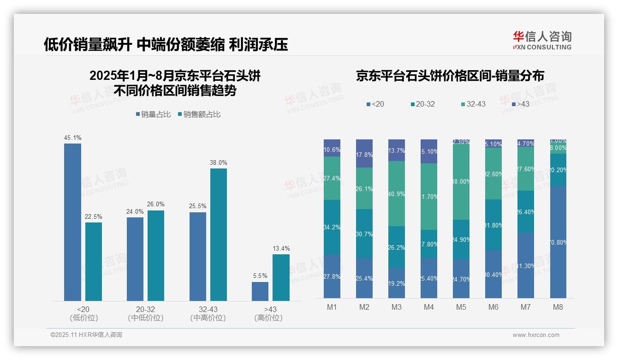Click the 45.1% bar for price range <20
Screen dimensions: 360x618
point(72,222)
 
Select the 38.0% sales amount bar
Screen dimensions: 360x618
point(219,234)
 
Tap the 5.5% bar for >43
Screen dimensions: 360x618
point(260,291)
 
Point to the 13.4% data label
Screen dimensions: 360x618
point(281,249)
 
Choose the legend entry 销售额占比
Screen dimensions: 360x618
point(199,114)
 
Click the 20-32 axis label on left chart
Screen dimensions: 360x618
point(145,309)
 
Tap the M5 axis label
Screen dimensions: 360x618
point(461,307)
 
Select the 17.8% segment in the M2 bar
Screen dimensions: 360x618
point(364,154)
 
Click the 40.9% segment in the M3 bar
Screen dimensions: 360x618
point(397,194)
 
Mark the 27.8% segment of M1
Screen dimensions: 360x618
point(332,276)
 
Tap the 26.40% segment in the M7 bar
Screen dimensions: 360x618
point(526,212)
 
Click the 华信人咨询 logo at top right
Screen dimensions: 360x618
point(542,40)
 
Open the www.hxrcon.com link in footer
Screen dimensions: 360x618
point(535,335)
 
